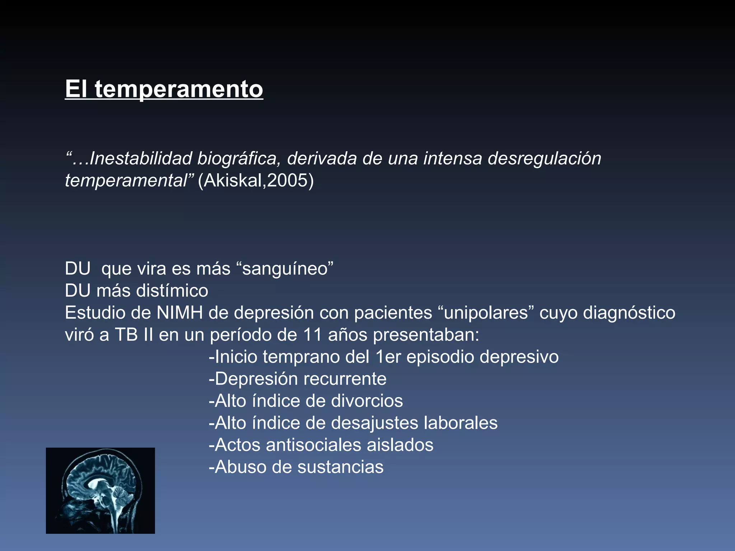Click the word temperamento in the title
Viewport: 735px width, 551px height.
point(179,89)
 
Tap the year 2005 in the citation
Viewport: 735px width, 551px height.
point(287,180)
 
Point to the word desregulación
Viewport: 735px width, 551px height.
point(544,159)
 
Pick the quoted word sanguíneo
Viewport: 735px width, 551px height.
point(285,269)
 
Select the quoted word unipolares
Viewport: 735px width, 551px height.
point(486,313)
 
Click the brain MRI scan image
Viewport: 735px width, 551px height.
point(100,490)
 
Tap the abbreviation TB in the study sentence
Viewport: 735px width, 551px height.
point(126,335)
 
